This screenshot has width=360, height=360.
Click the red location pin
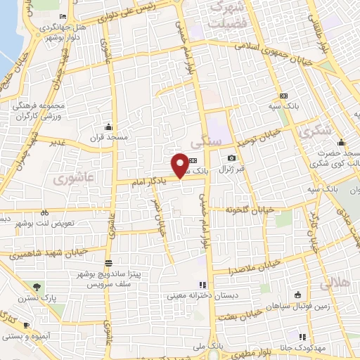[180, 165]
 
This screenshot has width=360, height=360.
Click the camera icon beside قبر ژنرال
[232, 158]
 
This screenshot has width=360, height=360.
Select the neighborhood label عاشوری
[73, 179]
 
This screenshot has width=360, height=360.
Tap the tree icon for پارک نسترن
[37, 286]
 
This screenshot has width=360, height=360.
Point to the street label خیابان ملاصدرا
[255, 266]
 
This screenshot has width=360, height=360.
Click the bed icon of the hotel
[63, 15]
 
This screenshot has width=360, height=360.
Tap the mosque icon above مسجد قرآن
[108, 127]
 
